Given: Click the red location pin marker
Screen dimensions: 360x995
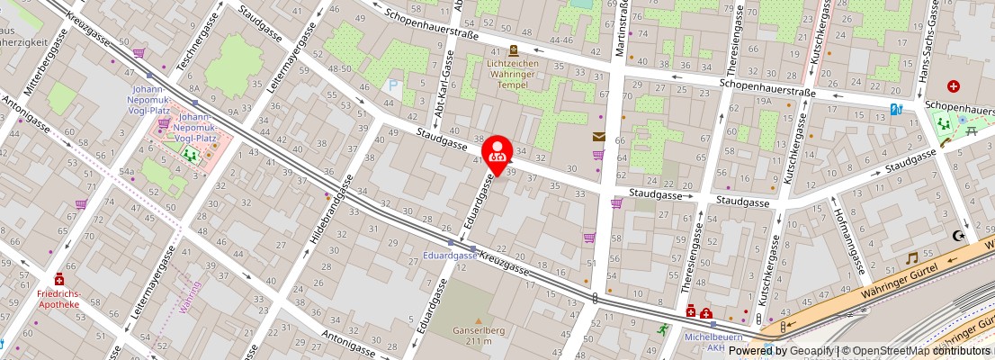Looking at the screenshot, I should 497,153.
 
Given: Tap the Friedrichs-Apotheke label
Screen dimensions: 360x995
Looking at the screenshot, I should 59,298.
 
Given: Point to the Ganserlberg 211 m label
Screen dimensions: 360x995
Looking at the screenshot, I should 478,335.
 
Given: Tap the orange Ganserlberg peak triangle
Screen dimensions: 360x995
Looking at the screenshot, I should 478,320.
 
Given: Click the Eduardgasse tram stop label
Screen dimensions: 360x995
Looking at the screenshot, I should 450,256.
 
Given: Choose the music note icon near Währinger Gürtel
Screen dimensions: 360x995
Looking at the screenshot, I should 911,257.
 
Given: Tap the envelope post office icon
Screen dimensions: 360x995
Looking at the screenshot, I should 598,137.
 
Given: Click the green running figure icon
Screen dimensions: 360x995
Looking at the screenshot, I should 664,329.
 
